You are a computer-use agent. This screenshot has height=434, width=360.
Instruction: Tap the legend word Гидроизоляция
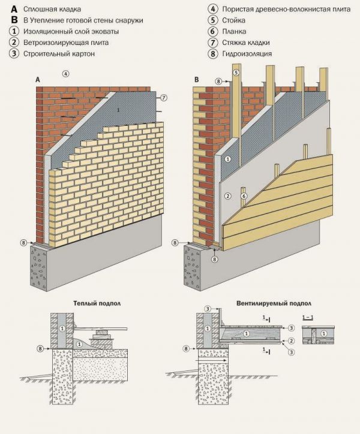click(247, 53)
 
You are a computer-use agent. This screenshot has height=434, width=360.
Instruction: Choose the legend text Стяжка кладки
click(245, 43)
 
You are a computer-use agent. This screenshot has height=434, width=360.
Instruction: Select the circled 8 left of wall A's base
click(23, 243)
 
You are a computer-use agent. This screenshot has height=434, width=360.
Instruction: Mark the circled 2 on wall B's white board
click(227, 196)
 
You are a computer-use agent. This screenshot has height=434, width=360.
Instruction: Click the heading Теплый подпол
click(95, 303)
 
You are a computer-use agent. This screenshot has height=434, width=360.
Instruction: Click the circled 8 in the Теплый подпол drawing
click(40, 348)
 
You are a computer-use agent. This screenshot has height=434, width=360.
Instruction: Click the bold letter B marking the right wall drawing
click(197, 80)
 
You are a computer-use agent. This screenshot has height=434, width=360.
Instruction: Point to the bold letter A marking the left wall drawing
click(38, 80)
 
